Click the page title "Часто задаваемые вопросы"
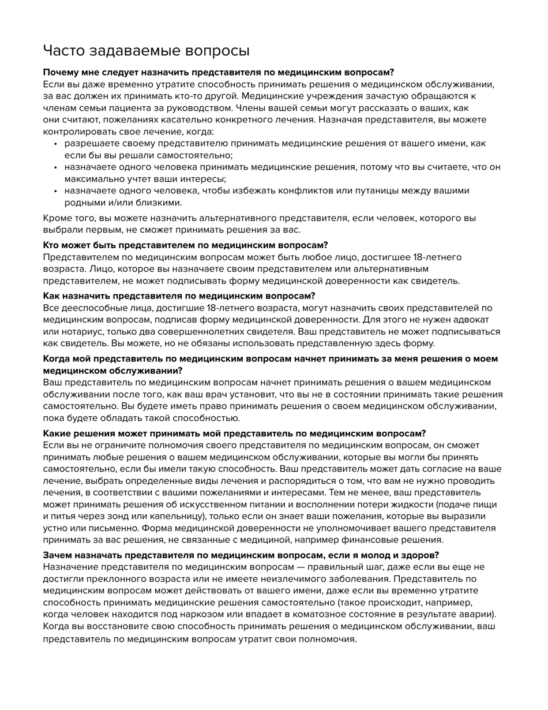(146, 51)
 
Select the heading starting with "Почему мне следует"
(218, 72)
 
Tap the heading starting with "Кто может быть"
(185, 245)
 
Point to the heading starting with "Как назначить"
(179, 296)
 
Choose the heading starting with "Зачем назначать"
(241, 555)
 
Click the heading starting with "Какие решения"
(234, 433)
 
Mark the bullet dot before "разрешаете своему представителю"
(56, 144)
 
